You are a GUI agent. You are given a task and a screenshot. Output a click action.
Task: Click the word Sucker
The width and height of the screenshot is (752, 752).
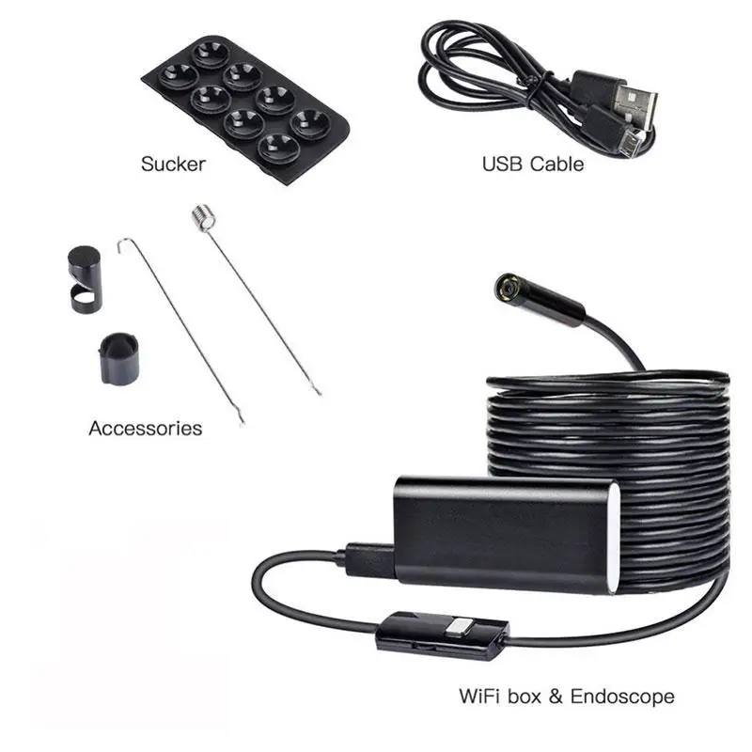[x=173, y=164]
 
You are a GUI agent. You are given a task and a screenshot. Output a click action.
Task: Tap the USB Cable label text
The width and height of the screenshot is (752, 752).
[x=532, y=164]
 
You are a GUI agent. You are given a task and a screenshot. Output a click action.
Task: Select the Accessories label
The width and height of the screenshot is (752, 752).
[x=145, y=429]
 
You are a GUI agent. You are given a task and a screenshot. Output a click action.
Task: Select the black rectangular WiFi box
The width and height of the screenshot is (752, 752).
[x=498, y=531]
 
